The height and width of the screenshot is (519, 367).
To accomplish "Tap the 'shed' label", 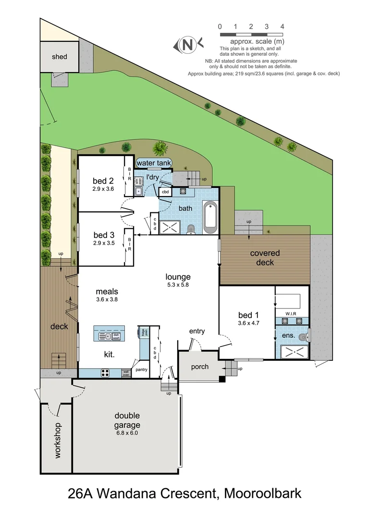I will tap(60, 57).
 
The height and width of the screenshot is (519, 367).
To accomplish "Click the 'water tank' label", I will tap(154, 163).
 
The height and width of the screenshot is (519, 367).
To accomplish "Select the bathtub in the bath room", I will tap(210, 218).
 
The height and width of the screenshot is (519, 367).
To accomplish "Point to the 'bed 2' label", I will tap(103, 181).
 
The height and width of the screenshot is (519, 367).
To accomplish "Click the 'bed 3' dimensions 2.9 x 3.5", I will tap(103, 243).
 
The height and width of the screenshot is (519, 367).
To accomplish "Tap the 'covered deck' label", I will tap(265, 258).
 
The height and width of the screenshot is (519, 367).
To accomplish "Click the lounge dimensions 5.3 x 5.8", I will tap(178, 285).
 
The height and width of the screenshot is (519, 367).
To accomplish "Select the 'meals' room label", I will tap(107, 291).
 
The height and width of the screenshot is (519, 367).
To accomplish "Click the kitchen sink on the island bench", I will tap(105, 336).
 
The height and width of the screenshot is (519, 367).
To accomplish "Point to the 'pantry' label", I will tap(141, 370).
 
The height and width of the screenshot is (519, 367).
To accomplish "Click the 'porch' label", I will tap(200, 367).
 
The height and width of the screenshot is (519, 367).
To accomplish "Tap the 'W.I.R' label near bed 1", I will tap(291, 314).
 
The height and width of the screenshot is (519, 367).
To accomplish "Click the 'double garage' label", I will tap(127, 420).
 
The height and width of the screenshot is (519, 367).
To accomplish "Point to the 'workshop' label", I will tap(58, 440).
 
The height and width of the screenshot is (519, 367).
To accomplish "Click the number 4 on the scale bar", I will tap(282, 26).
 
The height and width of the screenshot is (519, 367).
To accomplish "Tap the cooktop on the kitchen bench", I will tap(106, 372).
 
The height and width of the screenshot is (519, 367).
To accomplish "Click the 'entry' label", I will tap(197, 331).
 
